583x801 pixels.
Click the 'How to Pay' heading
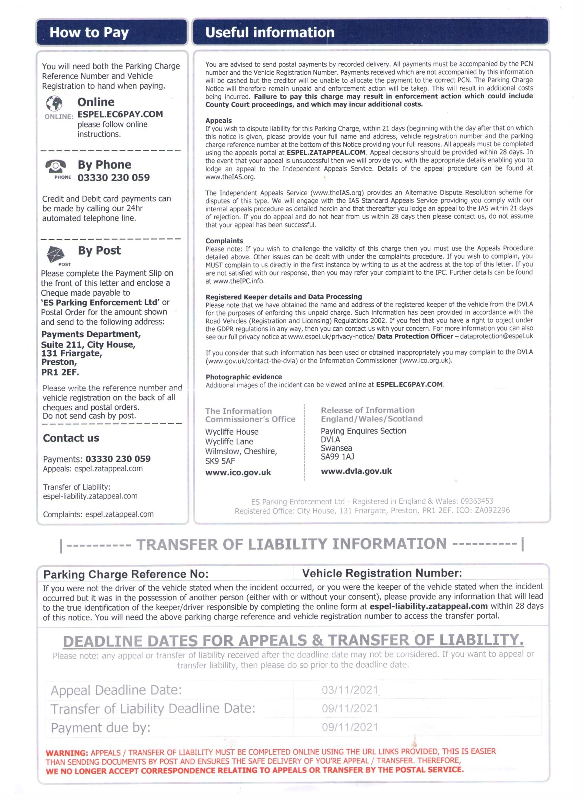pos(89,33)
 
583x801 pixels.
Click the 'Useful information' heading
pos(270,33)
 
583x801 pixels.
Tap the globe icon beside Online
pos(55,103)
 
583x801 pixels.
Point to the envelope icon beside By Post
pos(56,254)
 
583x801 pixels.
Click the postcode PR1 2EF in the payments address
pos(60,372)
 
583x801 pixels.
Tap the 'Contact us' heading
pos(71,438)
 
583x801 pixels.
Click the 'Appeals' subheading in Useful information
pos(218,121)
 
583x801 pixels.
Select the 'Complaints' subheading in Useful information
pos(224,241)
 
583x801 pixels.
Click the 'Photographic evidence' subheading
pos(243,377)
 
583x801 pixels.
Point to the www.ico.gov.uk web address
pos(238,472)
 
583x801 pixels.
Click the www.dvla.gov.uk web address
pos(356,471)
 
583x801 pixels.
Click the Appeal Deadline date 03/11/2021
pos(350,690)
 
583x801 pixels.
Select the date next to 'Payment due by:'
pos(350,727)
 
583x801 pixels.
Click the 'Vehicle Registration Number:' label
pos(382,573)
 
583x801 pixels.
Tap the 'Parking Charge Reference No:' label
pos(126,574)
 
